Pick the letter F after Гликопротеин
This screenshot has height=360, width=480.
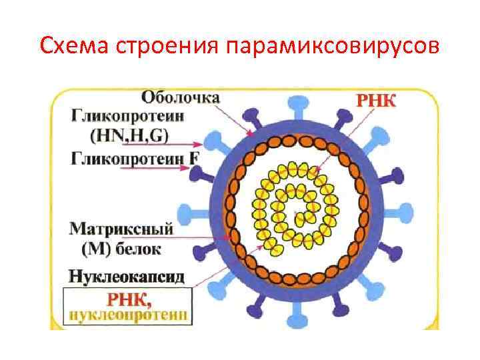click(x=195, y=158)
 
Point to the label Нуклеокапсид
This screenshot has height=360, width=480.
click(x=129, y=274)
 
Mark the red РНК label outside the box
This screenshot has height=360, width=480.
click(x=375, y=102)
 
